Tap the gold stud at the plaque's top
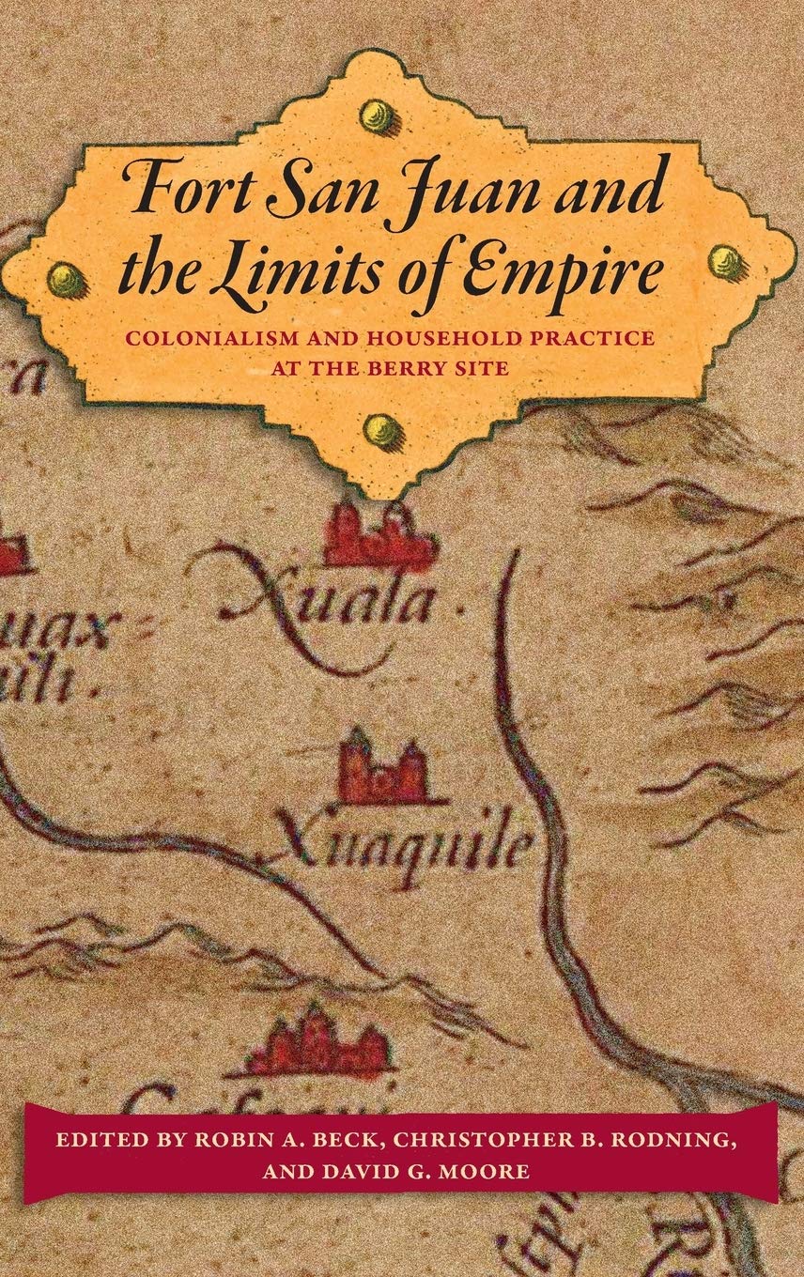click(378, 116)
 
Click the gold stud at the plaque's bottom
click(383, 431)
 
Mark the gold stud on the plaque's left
click(67, 278)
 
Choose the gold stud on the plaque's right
click(726, 262)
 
